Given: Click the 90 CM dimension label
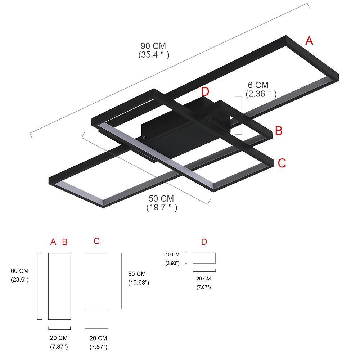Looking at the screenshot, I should [153, 46].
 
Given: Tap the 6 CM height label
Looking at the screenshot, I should [258, 85].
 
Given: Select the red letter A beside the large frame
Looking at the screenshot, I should [309, 41].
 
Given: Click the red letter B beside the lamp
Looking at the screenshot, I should [279, 131].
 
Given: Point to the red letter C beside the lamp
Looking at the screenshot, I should [282, 163].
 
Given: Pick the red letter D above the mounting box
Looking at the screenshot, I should [205, 92].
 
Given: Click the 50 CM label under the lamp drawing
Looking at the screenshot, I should [161, 199].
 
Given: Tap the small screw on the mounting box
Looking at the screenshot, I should [144, 137].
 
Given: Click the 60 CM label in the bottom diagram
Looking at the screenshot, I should [19, 271].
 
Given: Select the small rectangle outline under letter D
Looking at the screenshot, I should [204, 258].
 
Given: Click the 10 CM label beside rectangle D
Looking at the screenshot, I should [172, 255].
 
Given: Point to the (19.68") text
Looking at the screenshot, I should [139, 283].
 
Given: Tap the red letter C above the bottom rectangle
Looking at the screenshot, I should [96, 241].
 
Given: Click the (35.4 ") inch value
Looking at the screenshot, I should [154, 55].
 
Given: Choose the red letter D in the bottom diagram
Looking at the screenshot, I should [204, 242].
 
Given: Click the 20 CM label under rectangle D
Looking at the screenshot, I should [204, 279].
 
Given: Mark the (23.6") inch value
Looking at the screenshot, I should [19, 279].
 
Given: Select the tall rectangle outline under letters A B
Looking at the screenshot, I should [59, 286].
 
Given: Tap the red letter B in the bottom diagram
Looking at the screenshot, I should [65, 242].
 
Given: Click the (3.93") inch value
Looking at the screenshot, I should [172, 264].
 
